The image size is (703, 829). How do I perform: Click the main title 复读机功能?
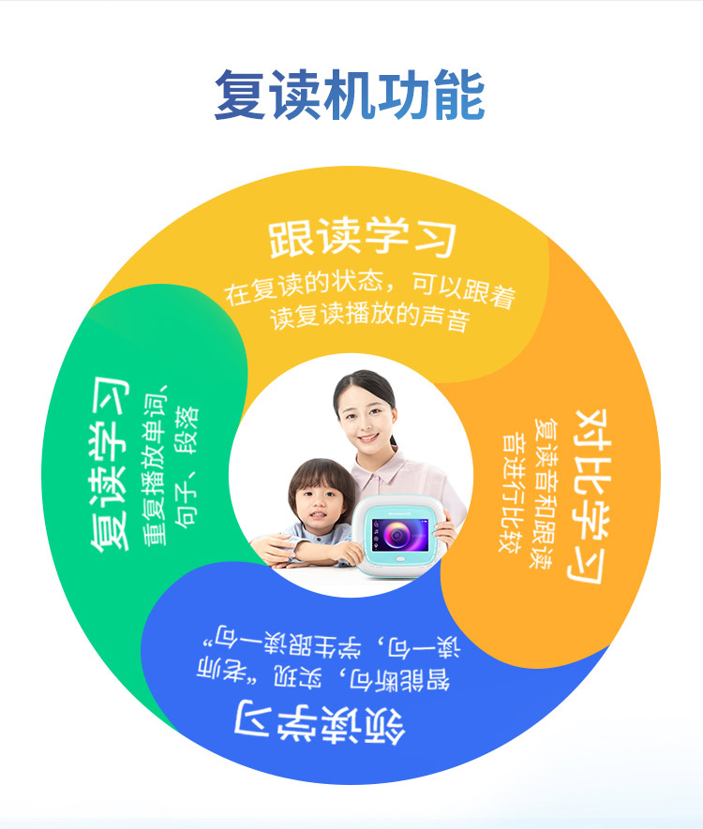tap(349, 96)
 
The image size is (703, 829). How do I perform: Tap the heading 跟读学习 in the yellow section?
tap(363, 237)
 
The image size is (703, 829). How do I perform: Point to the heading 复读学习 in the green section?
tap(110, 465)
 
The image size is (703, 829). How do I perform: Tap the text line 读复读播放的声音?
tap(369, 317)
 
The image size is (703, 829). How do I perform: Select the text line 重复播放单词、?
tap(155, 465)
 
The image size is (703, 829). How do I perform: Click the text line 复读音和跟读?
tap(545, 494)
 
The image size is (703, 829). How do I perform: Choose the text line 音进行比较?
tap(512, 494)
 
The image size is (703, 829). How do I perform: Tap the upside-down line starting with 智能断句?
tap(323, 677)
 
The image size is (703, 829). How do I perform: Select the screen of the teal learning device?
tap(399, 535)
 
